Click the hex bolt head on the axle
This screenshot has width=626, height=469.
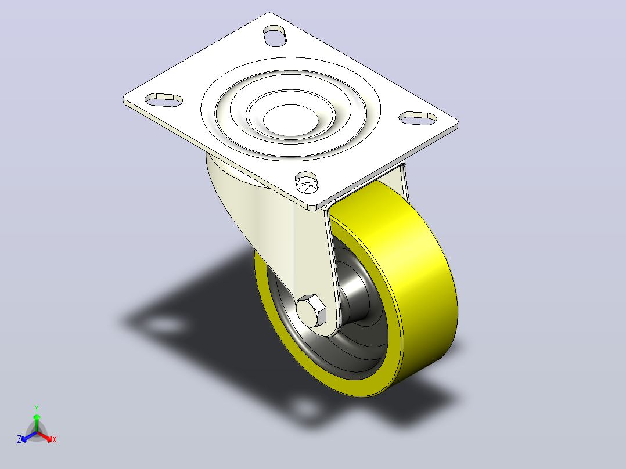tap(311, 311)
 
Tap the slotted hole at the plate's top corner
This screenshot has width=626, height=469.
tap(275, 35)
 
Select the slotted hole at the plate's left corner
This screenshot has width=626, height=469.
tap(164, 100)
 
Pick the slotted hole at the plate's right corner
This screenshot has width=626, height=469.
tap(418, 118)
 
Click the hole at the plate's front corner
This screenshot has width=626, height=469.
tap(307, 182)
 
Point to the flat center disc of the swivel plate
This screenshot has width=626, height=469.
tap(290, 118)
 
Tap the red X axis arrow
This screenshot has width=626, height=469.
tap(45, 436)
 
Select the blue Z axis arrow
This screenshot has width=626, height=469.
tap(29, 436)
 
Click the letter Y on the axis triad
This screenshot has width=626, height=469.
tap(37, 408)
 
